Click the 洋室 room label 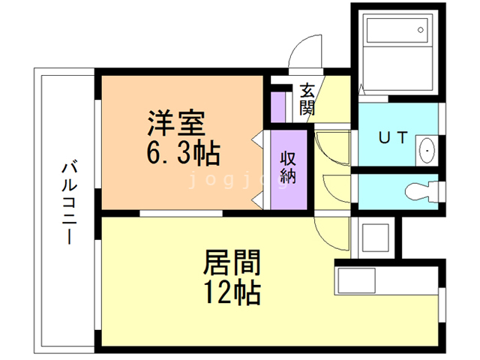[175, 121]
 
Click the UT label [391, 138]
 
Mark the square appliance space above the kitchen [373, 238]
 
